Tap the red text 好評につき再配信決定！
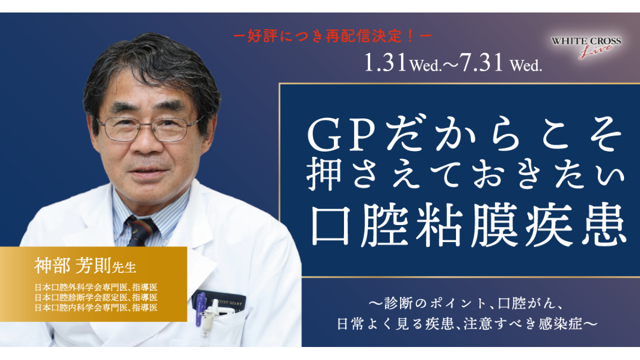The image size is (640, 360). pos(332,37)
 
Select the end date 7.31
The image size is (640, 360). pos(480,63)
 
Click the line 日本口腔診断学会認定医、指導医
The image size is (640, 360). pos(96,297)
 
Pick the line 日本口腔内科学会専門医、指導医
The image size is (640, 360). pos(96,307)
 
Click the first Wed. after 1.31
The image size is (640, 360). pos(426,66)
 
